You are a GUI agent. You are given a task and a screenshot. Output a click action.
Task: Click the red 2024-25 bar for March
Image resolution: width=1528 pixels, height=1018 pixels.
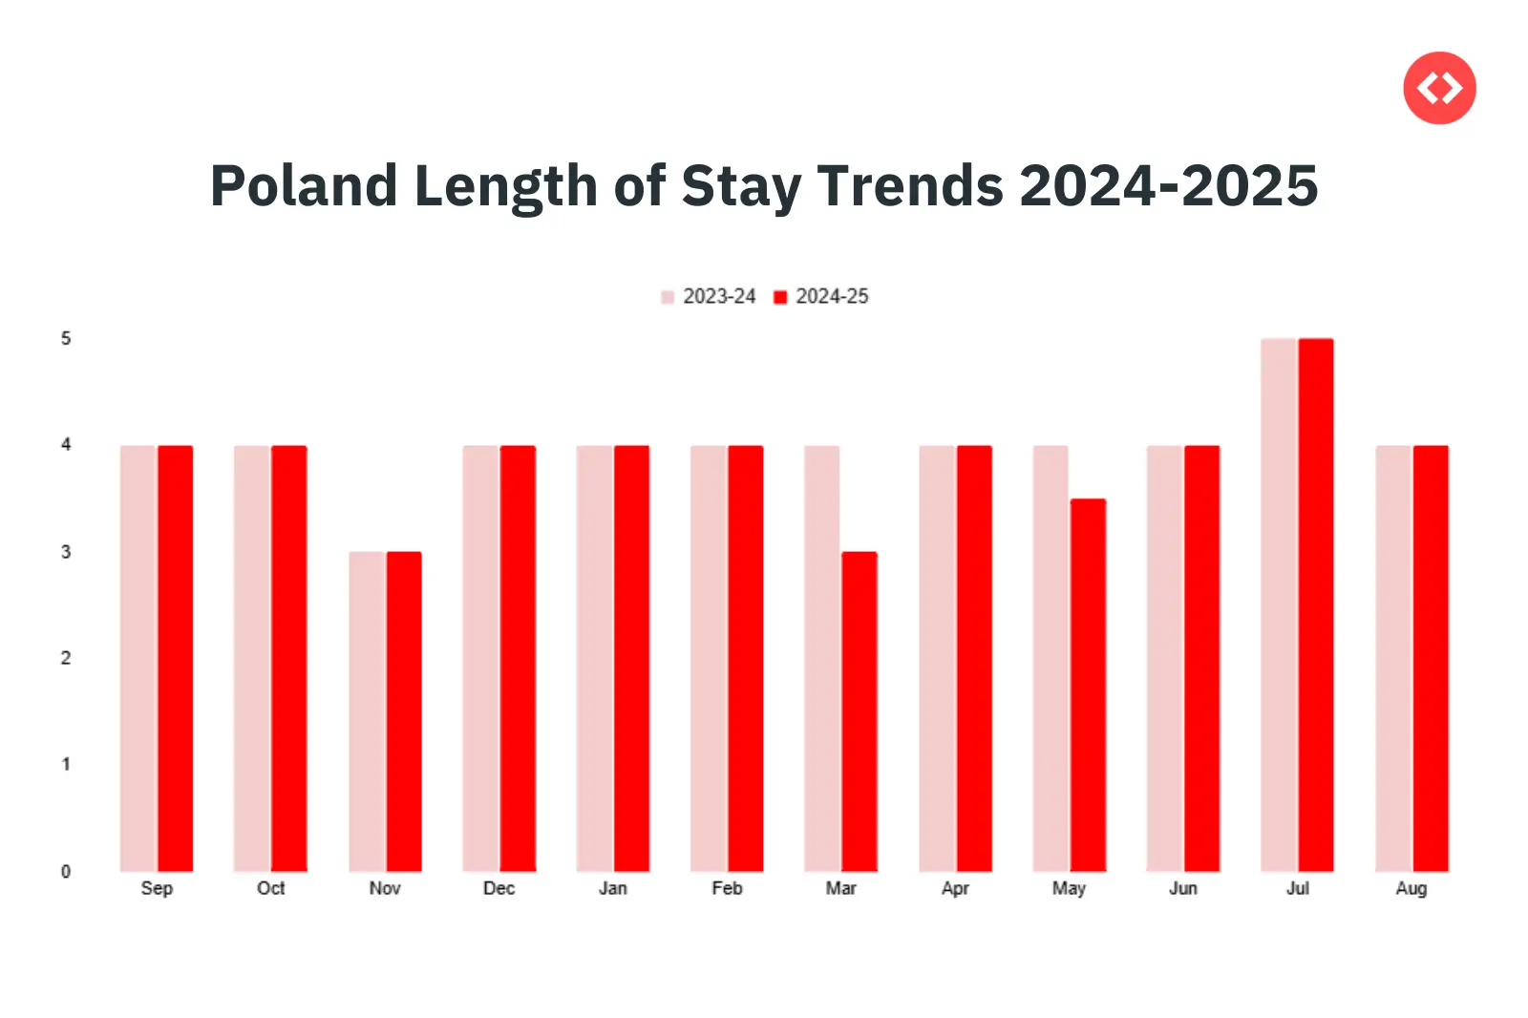pos(859,711)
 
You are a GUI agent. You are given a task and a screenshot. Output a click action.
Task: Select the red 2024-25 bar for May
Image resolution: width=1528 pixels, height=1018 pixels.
pos(1088,685)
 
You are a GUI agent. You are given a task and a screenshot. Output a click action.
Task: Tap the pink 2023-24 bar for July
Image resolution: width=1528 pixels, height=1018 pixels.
pos(1279,604)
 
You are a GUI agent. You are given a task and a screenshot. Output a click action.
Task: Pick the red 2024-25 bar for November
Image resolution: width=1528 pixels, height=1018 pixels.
pos(403,711)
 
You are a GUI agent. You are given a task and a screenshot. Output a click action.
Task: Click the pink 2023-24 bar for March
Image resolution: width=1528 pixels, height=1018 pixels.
pos(822,658)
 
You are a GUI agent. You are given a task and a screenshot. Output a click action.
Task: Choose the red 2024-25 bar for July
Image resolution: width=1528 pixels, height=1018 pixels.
pos(1316,604)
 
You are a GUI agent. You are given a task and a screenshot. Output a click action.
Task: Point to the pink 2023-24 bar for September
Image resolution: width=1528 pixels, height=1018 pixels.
pos(138,658)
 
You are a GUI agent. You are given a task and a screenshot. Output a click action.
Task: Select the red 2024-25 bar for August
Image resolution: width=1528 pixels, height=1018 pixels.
pos(1431,658)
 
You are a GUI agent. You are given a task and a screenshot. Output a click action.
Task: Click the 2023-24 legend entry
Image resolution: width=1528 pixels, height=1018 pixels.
pos(709,297)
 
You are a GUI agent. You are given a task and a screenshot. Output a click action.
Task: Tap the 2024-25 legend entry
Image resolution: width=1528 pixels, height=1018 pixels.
pos(821,297)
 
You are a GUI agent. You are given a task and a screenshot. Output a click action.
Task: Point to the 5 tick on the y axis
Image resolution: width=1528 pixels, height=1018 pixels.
pos(66,339)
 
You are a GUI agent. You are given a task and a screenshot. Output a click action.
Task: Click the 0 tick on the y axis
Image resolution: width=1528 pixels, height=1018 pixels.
pos(66,871)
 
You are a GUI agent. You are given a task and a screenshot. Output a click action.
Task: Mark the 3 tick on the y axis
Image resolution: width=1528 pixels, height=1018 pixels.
pos(66,552)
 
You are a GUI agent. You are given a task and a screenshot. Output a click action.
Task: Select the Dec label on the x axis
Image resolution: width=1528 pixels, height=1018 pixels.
pos(499,888)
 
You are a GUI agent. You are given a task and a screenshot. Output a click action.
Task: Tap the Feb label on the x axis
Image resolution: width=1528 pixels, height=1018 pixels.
pos(727,888)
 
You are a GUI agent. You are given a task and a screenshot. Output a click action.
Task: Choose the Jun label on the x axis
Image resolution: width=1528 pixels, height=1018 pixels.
pos(1183,888)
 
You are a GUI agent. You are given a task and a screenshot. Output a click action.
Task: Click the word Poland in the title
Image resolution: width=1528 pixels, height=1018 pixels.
pos(303,185)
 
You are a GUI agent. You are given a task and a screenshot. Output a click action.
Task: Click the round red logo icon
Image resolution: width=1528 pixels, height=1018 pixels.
pos(1439,88)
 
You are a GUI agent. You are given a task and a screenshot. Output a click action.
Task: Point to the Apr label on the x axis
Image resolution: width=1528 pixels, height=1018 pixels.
pos(955,888)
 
